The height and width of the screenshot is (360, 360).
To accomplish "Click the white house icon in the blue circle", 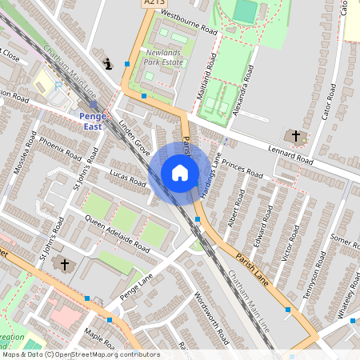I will (180, 172).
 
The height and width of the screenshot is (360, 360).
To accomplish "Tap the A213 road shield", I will (154, 4).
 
